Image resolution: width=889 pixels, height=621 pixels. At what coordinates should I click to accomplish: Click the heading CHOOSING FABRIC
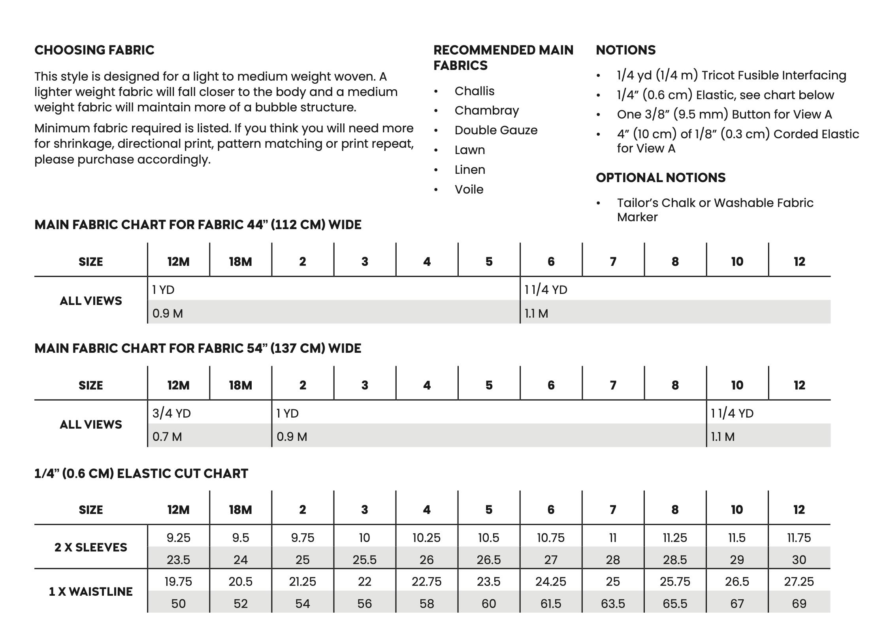point(94,50)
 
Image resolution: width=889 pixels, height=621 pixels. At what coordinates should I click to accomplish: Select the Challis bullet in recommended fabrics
point(474,91)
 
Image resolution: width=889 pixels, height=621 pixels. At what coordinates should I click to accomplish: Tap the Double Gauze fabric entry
point(496,130)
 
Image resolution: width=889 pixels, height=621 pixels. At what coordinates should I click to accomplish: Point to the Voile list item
point(469,190)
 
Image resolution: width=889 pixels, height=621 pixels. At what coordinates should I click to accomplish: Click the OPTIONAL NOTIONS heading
point(661,178)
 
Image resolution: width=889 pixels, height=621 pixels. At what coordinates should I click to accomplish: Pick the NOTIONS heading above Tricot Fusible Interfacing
point(625,50)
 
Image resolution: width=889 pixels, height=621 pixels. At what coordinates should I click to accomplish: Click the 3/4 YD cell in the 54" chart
point(171,413)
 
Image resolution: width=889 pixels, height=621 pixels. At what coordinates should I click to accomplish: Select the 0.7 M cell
point(167,437)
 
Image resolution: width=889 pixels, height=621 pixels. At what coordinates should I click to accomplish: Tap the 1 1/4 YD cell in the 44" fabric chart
point(546,290)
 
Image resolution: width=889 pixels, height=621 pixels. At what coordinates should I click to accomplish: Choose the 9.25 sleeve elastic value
point(178,538)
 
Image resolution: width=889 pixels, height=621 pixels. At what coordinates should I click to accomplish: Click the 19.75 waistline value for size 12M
point(178,581)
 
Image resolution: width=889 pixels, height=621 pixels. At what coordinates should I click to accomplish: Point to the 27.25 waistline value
point(799,581)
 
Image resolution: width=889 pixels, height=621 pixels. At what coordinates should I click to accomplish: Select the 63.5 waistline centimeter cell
point(613,604)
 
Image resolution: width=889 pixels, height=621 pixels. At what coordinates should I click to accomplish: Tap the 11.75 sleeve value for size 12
point(799,538)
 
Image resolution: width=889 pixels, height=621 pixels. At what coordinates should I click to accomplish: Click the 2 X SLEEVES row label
point(91,547)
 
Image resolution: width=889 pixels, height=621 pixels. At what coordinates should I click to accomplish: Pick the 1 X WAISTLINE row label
point(91,591)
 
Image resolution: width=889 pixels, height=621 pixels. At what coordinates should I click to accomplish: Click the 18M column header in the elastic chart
point(240,510)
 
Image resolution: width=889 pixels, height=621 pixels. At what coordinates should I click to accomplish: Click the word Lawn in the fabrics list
point(469,150)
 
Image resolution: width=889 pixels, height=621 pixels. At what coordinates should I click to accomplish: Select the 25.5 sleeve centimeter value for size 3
point(364,560)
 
